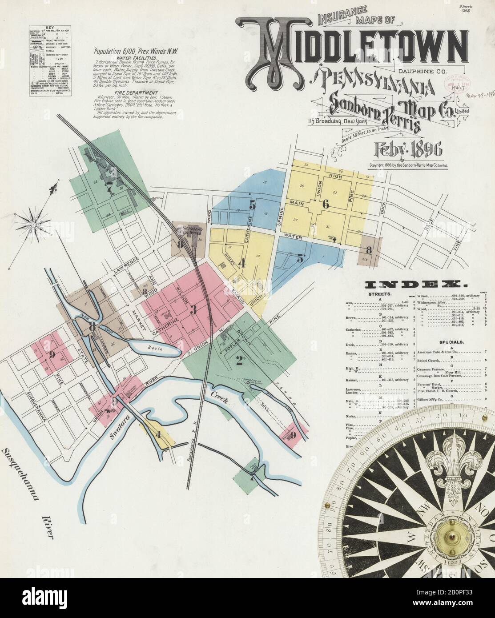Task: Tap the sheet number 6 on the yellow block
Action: tap(326, 205)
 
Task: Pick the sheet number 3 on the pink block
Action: tap(193, 310)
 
